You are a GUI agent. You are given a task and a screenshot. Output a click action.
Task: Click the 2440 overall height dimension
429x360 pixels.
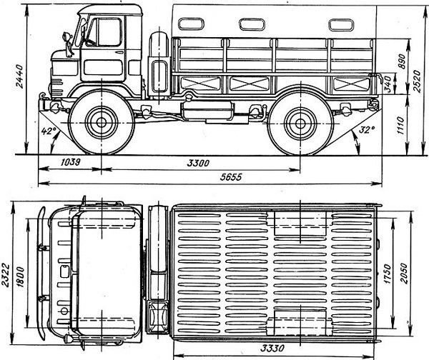pyautogui.click(x=19, y=76)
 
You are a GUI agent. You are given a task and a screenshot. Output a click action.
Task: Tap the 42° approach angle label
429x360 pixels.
pyautogui.click(x=47, y=131)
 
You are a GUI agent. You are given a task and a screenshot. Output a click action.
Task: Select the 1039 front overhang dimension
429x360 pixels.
pyautogui.click(x=70, y=162)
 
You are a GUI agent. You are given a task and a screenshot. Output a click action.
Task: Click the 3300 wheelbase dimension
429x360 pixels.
pyautogui.click(x=198, y=163)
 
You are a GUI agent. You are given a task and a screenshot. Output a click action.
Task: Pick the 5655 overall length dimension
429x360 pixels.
pyautogui.click(x=231, y=177)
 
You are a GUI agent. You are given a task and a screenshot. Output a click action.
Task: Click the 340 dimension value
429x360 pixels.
pyautogui.click(x=388, y=84)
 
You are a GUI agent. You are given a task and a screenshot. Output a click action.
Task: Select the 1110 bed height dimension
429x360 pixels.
pyautogui.click(x=400, y=126)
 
